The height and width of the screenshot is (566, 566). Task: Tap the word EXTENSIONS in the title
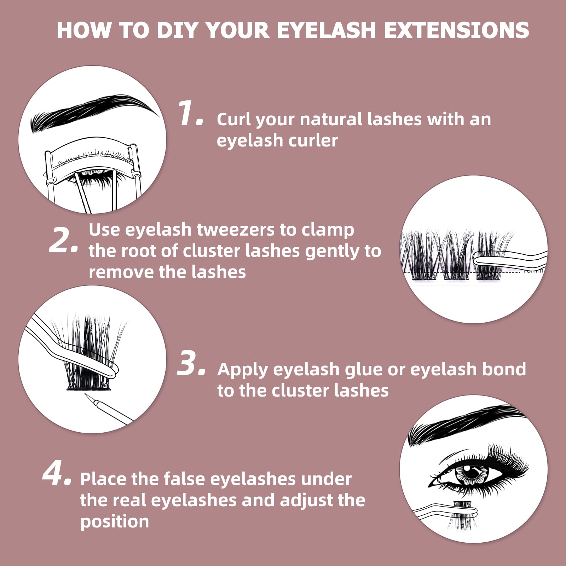(457, 30)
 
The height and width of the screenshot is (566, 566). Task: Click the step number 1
(190, 113)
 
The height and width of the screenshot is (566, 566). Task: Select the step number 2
(63, 240)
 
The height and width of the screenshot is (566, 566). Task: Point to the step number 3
(191, 363)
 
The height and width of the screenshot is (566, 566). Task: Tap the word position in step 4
(115, 522)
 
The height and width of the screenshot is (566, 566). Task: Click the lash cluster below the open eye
(462, 515)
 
